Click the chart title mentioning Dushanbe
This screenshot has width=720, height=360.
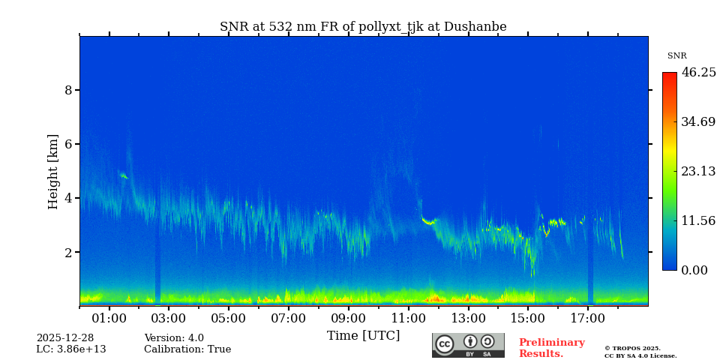tap(363, 27)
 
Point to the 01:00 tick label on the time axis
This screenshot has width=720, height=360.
tap(109, 319)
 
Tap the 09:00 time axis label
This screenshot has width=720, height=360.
tap(349, 319)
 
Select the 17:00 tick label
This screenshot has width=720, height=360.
tap(587, 319)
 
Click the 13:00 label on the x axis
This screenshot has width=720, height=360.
tap(468, 319)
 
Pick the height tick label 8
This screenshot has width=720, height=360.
tap(68, 90)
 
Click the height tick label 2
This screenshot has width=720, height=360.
tap(68, 253)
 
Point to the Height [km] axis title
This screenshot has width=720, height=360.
tap(53, 171)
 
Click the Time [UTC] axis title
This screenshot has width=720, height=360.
tap(363, 335)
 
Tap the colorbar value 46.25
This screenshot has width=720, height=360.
tap(698, 73)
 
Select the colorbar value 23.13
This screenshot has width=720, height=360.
tap(698, 171)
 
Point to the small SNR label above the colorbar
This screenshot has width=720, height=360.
tap(676, 56)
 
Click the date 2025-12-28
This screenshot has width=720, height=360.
tap(65, 338)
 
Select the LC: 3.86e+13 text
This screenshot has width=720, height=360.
tap(71, 349)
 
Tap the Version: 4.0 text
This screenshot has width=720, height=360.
tap(174, 338)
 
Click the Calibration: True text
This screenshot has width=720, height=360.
tap(187, 349)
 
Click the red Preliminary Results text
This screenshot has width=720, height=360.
tap(551, 348)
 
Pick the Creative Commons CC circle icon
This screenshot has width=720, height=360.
tap(445, 343)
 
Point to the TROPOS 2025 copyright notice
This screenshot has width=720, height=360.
tap(632, 348)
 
